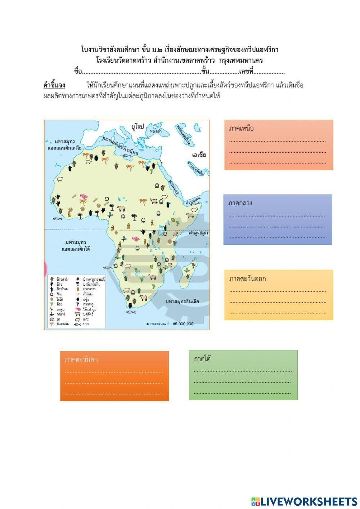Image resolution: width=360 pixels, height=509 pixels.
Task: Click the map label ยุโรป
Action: coord(138,126)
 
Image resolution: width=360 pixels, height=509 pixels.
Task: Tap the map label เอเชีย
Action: coord(199,155)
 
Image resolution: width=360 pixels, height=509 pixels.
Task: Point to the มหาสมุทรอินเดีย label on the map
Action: coord(183,302)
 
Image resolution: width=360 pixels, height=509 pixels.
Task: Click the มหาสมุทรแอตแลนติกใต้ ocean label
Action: coord(76,245)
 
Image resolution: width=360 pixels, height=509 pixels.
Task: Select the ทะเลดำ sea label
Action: coord(156,132)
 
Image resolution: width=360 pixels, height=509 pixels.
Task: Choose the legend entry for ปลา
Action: coord(86,324)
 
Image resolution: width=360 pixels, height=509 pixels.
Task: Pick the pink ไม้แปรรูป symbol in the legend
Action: coord(78,309)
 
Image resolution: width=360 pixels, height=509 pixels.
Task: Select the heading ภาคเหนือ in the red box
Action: coord(241,129)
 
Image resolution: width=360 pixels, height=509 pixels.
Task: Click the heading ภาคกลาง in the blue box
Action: coord(240,203)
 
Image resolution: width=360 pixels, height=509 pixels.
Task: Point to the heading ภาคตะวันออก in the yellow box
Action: coord(247,279)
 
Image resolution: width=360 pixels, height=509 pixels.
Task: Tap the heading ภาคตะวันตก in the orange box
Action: coord(81,360)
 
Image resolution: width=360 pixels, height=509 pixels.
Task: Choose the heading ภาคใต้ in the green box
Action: coord(202,359)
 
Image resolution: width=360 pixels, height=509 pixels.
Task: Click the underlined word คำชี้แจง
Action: coord(54,85)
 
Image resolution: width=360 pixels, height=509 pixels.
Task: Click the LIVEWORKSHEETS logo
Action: coord(304,501)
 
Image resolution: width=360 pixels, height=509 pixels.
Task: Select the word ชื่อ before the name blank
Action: coord(78,72)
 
